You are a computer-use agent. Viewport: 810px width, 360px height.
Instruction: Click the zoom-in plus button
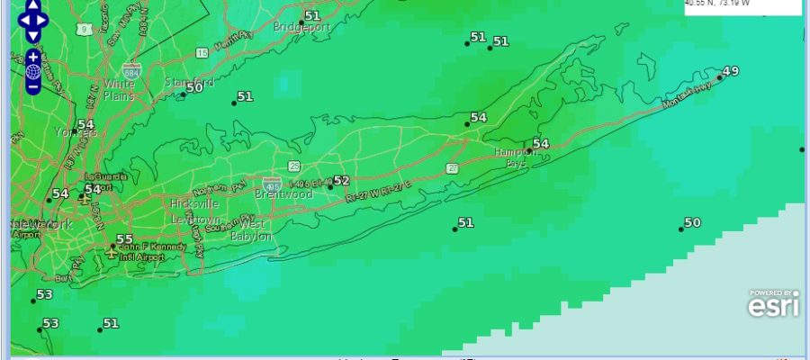click(33, 56)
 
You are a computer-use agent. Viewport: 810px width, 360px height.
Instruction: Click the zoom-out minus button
click(33, 87)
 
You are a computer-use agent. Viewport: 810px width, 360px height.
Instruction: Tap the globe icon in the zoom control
click(33, 71)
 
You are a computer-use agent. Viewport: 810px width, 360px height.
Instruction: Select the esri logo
click(772, 306)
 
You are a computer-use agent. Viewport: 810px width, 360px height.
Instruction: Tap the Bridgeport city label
click(301, 27)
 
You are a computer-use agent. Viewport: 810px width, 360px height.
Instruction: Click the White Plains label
click(118, 89)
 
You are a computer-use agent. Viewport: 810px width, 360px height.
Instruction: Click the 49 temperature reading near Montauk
click(730, 71)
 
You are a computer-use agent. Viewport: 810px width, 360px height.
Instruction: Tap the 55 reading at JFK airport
click(124, 239)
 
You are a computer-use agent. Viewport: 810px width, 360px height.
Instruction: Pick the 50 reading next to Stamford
click(194, 86)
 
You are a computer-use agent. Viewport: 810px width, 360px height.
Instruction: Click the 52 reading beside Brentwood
click(341, 181)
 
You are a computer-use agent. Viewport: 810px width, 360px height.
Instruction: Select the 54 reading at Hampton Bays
click(540, 144)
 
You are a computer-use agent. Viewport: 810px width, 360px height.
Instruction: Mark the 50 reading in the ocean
click(692, 222)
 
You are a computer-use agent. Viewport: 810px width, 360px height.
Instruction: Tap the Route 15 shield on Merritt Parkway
click(202, 54)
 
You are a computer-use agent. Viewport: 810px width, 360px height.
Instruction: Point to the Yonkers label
click(76, 132)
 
